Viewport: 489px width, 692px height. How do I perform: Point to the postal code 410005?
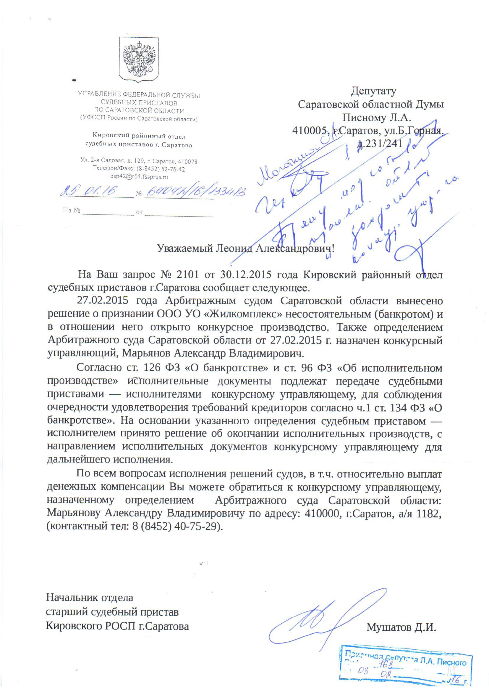pyautogui.click(x=310, y=130)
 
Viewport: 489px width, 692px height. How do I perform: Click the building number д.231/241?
pyautogui.click(x=379, y=143)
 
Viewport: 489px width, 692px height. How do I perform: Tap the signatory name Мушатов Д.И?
pyautogui.click(x=401, y=627)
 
